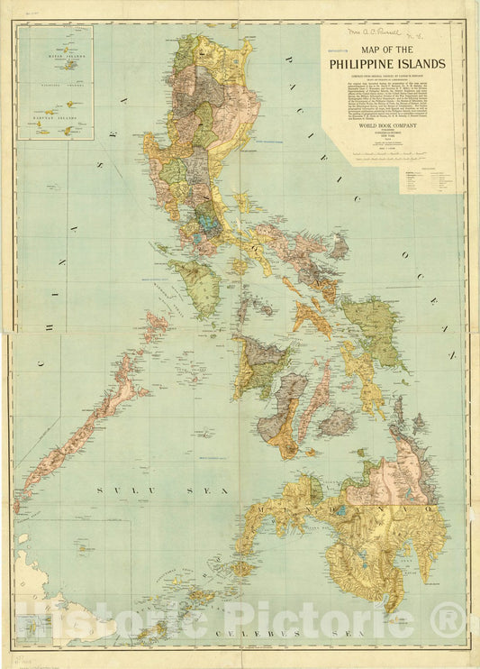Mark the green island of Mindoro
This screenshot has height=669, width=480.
pyautogui.click(x=199, y=283)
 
